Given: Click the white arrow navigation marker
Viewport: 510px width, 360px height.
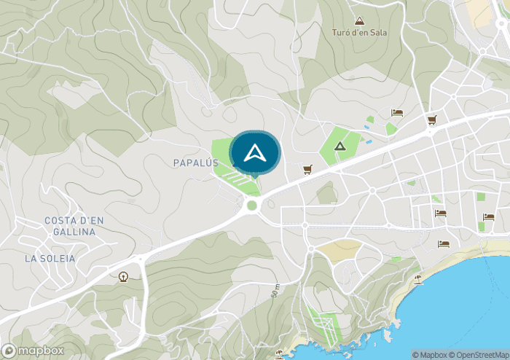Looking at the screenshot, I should tap(254, 153).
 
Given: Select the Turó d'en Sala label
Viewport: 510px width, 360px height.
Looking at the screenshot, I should tap(359, 33).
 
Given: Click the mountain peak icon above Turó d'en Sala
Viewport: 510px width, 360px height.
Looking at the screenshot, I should tap(358, 21).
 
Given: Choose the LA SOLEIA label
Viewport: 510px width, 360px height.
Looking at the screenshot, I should tap(50, 258).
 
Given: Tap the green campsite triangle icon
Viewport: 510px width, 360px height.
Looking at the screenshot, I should tap(339, 146).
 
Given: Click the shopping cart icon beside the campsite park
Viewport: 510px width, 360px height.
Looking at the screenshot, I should tap(307, 169).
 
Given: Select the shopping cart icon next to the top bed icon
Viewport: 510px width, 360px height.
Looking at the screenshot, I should tap(431, 120).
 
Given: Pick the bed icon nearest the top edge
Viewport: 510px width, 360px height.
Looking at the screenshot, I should tap(397, 112).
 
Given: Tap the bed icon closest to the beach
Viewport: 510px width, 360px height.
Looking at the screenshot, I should tap(443, 244).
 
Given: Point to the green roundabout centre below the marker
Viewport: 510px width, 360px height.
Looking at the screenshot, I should tap(252, 206).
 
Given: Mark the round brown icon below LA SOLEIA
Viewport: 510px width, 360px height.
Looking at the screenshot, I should tap(122, 276).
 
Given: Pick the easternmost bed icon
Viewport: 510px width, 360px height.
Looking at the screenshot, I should tap(488, 216).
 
